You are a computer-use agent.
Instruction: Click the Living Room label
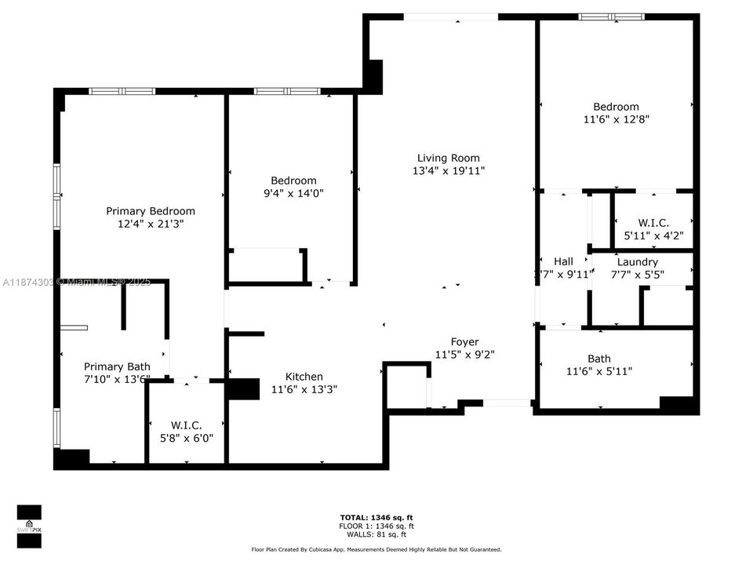pos(448,158)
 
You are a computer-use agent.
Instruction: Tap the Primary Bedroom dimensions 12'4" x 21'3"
pos(151,224)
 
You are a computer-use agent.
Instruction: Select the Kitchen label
pos(304,377)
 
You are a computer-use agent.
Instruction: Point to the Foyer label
pos(464,341)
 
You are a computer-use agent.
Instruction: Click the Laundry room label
pos(637,261)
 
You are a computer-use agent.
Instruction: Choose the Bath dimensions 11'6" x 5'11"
pos(598,371)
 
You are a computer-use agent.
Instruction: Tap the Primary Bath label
pos(116,366)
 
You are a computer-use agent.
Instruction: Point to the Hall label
pos(563,261)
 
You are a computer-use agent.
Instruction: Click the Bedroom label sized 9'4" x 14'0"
pos(293,180)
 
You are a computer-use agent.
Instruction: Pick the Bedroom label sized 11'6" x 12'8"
pos(616,107)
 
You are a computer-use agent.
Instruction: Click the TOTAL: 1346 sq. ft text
pos(376,517)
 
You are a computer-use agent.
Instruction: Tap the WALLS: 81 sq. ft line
pos(376,534)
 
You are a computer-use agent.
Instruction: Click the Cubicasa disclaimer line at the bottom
pos(376,549)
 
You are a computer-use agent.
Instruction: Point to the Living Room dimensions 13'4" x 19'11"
pos(448,170)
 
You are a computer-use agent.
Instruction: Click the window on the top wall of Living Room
pos(451,16)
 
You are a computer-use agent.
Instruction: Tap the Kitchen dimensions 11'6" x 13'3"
pos(304,388)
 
